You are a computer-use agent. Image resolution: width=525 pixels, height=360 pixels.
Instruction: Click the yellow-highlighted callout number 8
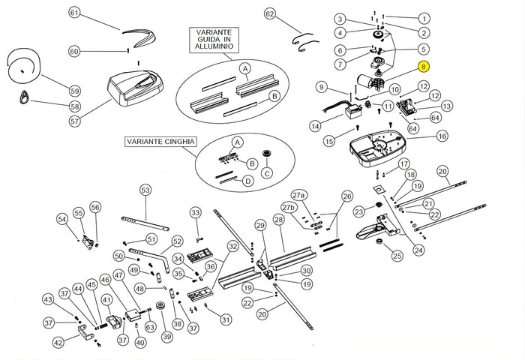coord(424,66)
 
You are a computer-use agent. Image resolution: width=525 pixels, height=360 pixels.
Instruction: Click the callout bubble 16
coord(442,136)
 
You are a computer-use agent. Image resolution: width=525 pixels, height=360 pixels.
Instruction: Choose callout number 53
coord(145,190)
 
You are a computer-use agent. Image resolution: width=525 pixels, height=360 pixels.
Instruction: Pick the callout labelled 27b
coord(289,207)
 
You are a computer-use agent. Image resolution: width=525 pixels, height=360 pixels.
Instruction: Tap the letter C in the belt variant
coord(267,174)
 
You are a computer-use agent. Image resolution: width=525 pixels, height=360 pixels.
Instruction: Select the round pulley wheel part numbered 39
coord(160,307)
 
